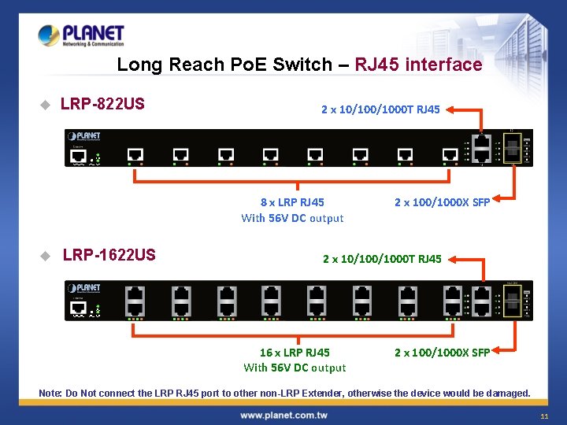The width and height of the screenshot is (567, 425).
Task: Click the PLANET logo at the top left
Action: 80,35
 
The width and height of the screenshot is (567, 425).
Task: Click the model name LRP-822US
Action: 102,104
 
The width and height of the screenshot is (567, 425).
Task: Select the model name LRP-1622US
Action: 109,255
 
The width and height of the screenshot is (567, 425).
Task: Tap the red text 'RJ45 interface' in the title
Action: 418,65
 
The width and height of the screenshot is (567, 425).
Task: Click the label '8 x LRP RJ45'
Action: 292,202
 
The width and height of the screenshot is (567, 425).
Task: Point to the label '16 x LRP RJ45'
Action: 295,353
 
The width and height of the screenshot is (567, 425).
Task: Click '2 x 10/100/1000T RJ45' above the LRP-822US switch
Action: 380,109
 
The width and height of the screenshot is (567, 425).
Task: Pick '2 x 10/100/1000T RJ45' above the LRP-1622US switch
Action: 382,259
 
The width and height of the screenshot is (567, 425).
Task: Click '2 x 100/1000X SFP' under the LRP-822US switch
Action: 442,202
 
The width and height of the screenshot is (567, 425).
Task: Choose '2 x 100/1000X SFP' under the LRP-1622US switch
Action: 442,353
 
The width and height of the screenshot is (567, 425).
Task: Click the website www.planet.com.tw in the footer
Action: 283,415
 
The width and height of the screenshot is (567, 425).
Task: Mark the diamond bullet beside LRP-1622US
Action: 45,256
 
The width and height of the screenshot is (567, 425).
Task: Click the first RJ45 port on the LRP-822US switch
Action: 135,153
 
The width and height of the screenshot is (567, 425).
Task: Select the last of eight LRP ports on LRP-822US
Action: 450,153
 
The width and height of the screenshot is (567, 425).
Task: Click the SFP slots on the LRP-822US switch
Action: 511,147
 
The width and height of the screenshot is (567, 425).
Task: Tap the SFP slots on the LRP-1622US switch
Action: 511,300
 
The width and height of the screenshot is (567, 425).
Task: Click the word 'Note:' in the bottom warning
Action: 50,393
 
